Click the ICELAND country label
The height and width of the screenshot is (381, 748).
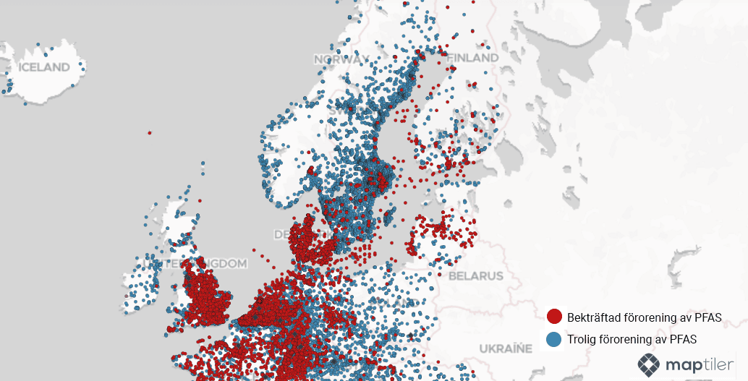[44, 67]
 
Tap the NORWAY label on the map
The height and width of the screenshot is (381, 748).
[341, 59]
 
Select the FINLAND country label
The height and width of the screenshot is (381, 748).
[473, 57]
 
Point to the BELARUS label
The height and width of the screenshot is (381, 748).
[475, 275]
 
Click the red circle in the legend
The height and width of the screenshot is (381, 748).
[555, 317]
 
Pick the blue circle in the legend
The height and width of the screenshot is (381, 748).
[555, 339]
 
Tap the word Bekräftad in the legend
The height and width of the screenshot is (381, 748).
[591, 317]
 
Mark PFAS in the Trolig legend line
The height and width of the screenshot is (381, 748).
[682, 339]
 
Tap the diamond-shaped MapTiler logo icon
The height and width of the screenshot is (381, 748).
[649, 365]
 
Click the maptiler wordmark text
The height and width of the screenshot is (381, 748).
[697, 365]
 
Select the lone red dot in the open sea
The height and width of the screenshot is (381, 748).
[149, 132]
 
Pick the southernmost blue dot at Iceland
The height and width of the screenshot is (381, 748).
[25, 103]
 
